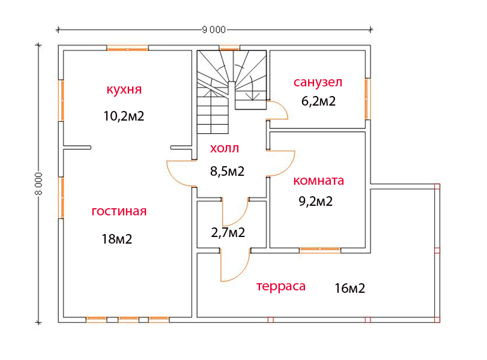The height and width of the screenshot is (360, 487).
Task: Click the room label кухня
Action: pyautogui.click(x=124, y=89)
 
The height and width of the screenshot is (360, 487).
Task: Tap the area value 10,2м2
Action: pyautogui.click(x=124, y=116)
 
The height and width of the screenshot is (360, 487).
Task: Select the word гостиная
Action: pyautogui.click(x=119, y=211)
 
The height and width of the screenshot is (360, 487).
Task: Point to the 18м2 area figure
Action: pyautogui.click(x=117, y=239)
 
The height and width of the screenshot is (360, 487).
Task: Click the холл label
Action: pyautogui.click(x=225, y=148)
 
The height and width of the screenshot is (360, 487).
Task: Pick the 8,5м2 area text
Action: pyautogui.click(x=228, y=171)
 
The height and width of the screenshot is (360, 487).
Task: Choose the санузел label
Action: pyautogui.click(x=318, y=82)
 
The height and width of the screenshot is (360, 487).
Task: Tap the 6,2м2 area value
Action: pyautogui.click(x=318, y=101)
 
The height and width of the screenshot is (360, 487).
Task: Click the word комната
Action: pyautogui.click(x=319, y=181)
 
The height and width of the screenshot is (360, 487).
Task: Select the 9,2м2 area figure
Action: pyautogui.click(x=315, y=202)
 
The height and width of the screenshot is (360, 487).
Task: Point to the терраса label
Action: pyautogui.click(x=281, y=286)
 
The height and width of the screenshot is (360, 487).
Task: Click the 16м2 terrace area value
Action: pyautogui.click(x=349, y=289)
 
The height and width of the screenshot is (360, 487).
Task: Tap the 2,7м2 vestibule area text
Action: pyautogui.click(x=228, y=232)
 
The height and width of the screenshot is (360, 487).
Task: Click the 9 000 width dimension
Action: pyautogui.click(x=214, y=30)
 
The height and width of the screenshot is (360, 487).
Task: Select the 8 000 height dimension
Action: pyautogui.click(x=38, y=184)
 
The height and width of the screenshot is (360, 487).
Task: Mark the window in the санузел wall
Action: pyautogui.click(x=368, y=99)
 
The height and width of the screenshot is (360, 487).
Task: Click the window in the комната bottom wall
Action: pyautogui.click(x=320, y=250)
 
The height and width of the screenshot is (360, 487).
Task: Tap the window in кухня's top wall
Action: pyautogui.click(x=127, y=48)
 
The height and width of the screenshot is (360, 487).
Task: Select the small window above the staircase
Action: pyautogui.click(x=229, y=47)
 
